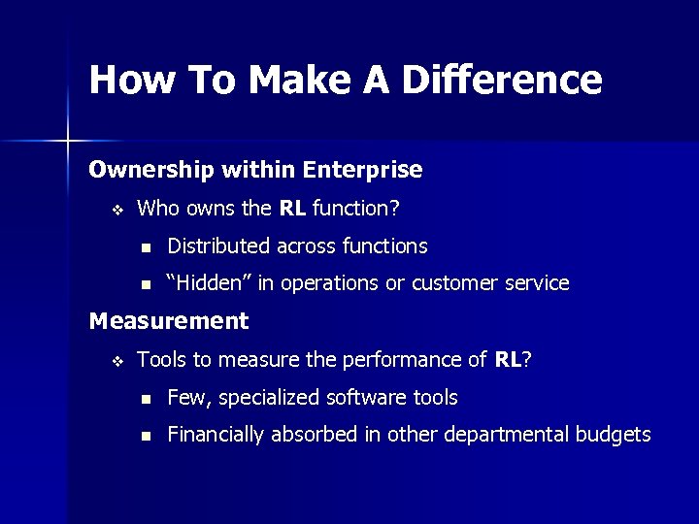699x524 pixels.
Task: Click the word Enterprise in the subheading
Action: tap(362, 171)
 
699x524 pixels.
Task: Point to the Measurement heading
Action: tap(168, 321)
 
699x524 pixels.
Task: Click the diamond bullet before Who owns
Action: tap(116, 210)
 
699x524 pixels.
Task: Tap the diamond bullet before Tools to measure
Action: tap(116, 361)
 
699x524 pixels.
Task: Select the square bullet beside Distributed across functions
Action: tap(146, 247)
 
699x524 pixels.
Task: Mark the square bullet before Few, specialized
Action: tap(146, 399)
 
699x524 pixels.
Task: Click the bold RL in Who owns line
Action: tap(292, 209)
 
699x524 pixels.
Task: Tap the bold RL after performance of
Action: tap(508, 360)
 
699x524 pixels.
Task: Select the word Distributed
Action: tap(218, 246)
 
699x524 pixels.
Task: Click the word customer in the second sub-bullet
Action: tap(453, 283)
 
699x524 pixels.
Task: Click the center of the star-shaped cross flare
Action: tap(67, 142)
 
